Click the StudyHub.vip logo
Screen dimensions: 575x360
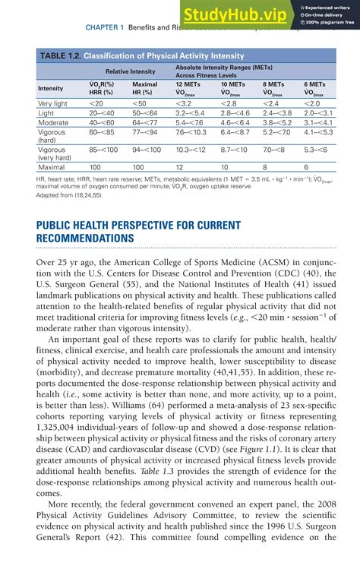pyautogui.click(x=233, y=14)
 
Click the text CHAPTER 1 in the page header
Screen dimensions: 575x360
pyautogui.click(x=104, y=27)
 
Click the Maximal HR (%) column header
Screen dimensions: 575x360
pyautogui.click(x=144, y=89)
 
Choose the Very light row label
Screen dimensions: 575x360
pyautogui.click(x=52, y=103)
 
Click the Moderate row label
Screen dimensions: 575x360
pyautogui.click(x=53, y=122)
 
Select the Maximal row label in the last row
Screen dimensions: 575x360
pyautogui.click(x=51, y=166)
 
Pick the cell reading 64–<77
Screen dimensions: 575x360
pyautogui.click(x=145, y=122)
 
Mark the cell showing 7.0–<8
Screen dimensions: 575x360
pyautogui.click(x=276, y=150)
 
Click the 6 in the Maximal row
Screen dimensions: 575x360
pyautogui.click(x=306, y=166)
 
